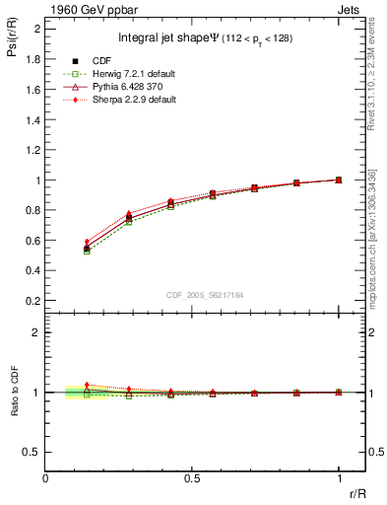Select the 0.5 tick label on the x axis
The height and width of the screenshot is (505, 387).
(x=192, y=477)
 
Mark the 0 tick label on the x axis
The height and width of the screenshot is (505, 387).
(x=46, y=477)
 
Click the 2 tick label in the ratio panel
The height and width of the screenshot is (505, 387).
(x=35, y=332)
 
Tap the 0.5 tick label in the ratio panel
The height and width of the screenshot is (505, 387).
(x=32, y=452)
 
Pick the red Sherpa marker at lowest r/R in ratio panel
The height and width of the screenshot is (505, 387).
(x=87, y=385)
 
